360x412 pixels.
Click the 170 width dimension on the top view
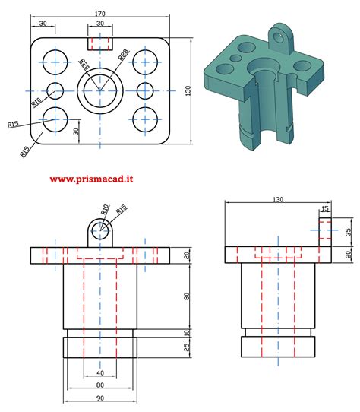point(99,14)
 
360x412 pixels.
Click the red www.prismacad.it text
point(92,179)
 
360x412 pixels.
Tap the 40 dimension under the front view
point(100,373)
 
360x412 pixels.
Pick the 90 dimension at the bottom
point(99,398)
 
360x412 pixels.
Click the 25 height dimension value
point(187,347)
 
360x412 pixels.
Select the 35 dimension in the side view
point(347,232)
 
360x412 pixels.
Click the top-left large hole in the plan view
point(55,62)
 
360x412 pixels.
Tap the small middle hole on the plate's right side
point(144,90)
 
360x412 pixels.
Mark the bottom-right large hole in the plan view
point(144,119)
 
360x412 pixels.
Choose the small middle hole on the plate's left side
point(55,90)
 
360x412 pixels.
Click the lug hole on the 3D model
point(281,34)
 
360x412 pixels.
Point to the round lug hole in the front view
point(99,229)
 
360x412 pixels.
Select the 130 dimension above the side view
point(278,200)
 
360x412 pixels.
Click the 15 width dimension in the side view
point(325,209)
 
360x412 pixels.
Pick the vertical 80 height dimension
point(187,296)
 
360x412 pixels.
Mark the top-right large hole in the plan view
point(144,62)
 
